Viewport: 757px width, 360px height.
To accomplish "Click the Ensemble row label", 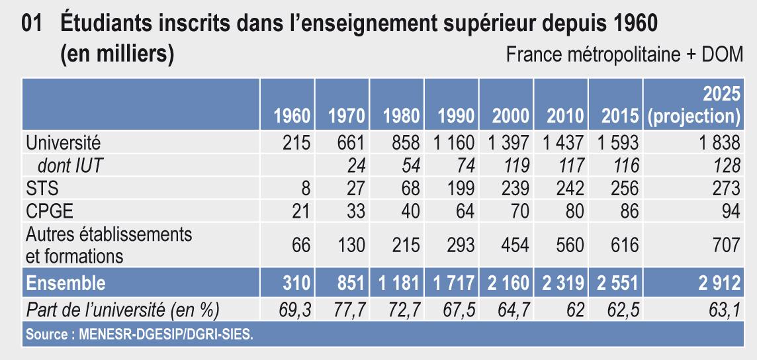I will point(66,283).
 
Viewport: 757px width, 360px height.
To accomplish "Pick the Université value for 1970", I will point(347,142).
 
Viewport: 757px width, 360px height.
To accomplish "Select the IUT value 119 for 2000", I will point(513,165).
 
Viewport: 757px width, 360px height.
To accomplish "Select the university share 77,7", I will point(348,309).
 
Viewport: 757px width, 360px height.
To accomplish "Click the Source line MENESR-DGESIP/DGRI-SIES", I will point(139,335).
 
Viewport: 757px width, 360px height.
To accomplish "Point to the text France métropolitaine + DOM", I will point(624,55).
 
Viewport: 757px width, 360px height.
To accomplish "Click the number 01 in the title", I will point(32,24).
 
